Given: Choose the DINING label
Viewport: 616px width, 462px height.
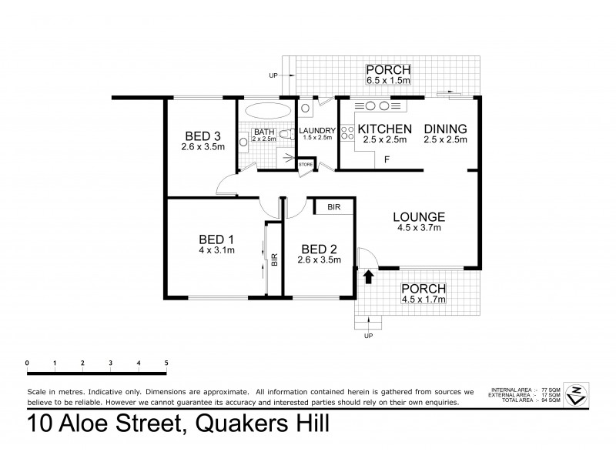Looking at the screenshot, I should click(x=445, y=129).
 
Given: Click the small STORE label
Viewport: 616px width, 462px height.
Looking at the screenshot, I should click(x=306, y=164).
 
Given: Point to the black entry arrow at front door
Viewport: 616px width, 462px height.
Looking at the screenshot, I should click(x=368, y=276).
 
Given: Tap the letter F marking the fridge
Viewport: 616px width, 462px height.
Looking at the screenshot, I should click(x=387, y=161).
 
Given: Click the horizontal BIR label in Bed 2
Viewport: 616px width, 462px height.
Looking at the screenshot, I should click(x=333, y=207).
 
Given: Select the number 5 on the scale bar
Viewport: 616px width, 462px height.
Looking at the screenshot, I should click(x=166, y=362).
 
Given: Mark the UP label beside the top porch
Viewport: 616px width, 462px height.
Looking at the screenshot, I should click(x=273, y=75).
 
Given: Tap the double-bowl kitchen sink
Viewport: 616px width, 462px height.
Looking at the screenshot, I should click(x=376, y=105).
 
